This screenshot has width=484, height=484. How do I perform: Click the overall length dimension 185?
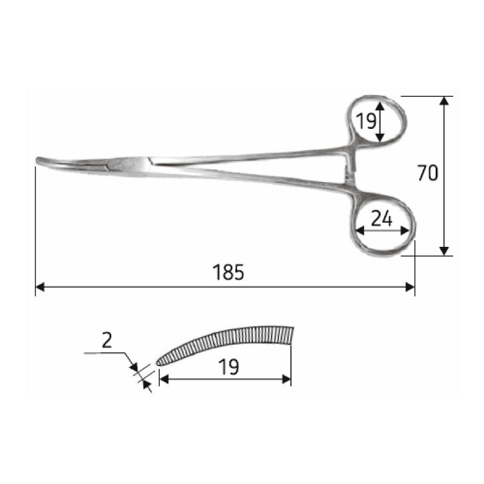228,273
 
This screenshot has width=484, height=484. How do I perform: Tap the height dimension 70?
427,174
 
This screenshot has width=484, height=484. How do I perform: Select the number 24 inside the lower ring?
381,219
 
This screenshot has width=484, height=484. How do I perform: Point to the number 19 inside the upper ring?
365,121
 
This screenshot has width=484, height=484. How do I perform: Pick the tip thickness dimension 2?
107,341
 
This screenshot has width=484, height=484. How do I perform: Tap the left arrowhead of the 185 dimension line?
40,287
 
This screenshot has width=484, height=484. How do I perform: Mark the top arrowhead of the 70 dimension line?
445,101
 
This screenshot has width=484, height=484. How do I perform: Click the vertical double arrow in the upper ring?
380,121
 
